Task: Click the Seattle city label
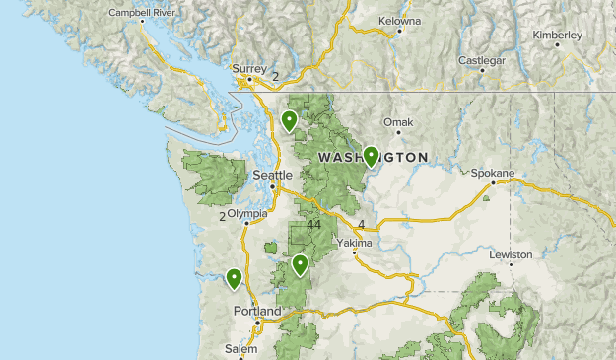click(x=273, y=175)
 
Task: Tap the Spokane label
click(x=492, y=173)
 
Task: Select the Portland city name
click(x=257, y=311)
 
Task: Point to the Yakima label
click(x=354, y=242)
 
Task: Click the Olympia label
click(x=246, y=213)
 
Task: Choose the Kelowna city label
click(x=400, y=20)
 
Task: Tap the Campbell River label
click(x=141, y=13)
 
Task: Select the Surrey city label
click(x=249, y=69)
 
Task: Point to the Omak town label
click(x=398, y=122)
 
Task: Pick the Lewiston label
click(x=511, y=254)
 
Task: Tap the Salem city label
click(x=240, y=349)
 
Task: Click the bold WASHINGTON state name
click(x=374, y=157)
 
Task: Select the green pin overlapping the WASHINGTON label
click(x=371, y=155)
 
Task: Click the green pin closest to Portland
click(x=234, y=278)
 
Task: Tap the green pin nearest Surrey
click(x=289, y=120)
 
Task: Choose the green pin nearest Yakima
click(x=300, y=264)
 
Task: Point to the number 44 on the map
click(x=314, y=225)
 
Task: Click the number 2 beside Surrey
click(x=276, y=75)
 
